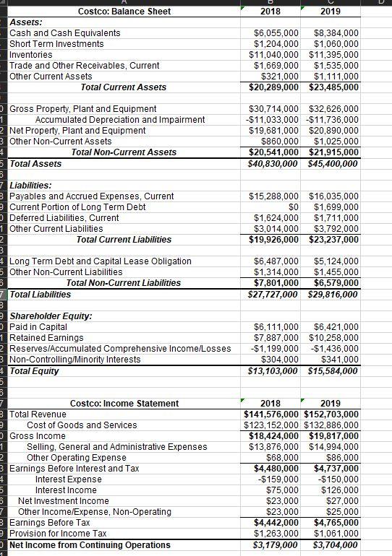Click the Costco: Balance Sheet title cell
[x=124, y=11]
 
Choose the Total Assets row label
[x=35, y=164]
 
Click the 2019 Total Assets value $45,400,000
[x=333, y=164]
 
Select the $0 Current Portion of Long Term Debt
[x=293, y=207]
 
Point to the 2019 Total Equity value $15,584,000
[x=333, y=371]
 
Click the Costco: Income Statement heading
[x=124, y=403]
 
